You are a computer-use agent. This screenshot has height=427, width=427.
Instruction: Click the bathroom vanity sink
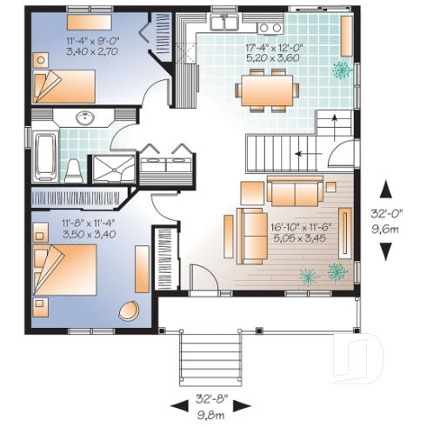click(x=84, y=117)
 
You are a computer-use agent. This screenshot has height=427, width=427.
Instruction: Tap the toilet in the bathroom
click(x=76, y=167)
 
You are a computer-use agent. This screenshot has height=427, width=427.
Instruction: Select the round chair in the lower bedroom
click(x=130, y=311)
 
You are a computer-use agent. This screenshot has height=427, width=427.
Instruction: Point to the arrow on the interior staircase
click(x=304, y=154)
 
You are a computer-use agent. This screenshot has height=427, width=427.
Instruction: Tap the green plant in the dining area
click(x=344, y=69)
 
